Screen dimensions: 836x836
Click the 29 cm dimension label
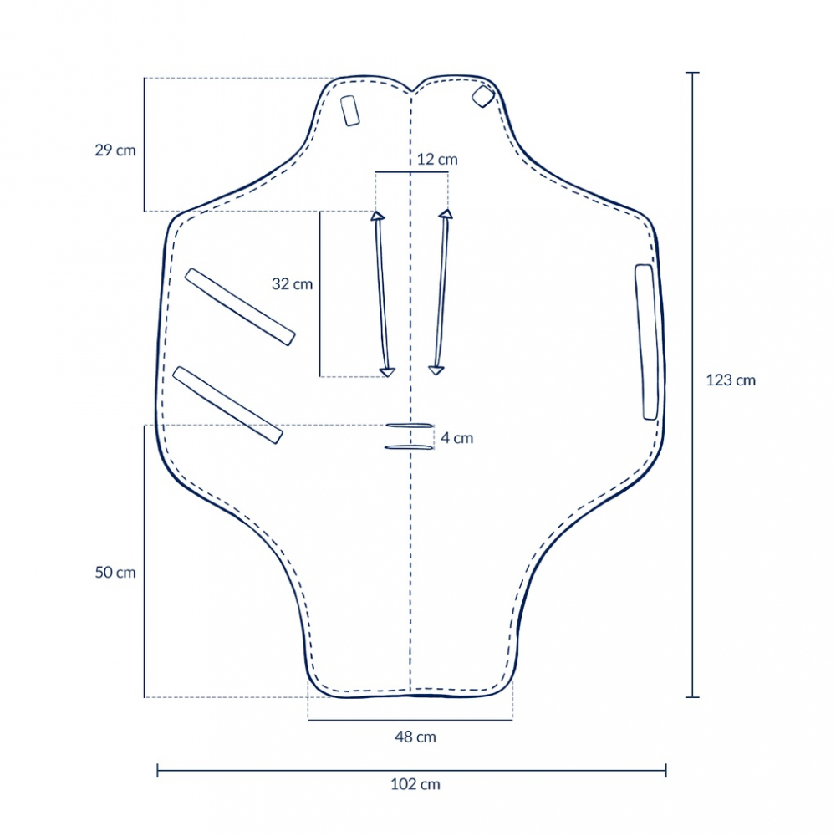[115, 150]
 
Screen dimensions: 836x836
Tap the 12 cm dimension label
[437, 160]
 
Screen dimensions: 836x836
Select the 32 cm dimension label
[292, 284]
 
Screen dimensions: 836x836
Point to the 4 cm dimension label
[457, 438]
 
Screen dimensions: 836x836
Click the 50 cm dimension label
[115, 573]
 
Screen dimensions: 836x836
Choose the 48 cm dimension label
[415, 737]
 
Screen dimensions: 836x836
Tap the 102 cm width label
[415, 784]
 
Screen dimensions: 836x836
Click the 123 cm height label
[731, 380]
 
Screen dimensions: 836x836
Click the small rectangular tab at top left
[349, 111]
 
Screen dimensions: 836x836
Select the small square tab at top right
[483, 96]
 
